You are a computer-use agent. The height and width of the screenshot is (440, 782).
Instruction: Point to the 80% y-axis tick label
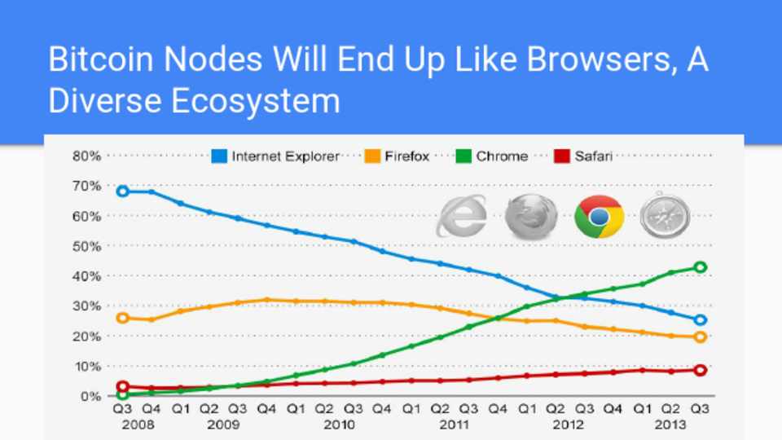(x=86, y=156)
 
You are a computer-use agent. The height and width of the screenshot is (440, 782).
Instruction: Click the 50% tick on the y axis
(x=86, y=246)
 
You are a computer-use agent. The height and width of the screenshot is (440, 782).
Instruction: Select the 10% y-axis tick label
(x=86, y=366)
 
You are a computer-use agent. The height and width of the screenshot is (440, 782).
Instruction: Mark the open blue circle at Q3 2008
(x=122, y=191)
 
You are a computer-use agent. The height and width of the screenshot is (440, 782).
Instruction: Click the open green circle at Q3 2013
(x=700, y=267)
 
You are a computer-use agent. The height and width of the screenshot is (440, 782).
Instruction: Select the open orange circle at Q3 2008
(x=122, y=317)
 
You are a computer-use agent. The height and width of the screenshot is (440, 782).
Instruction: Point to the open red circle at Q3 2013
(x=700, y=370)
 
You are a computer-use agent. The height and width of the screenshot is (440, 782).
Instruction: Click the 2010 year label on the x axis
(x=338, y=425)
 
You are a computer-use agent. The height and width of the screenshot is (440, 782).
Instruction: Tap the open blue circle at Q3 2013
(x=700, y=320)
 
